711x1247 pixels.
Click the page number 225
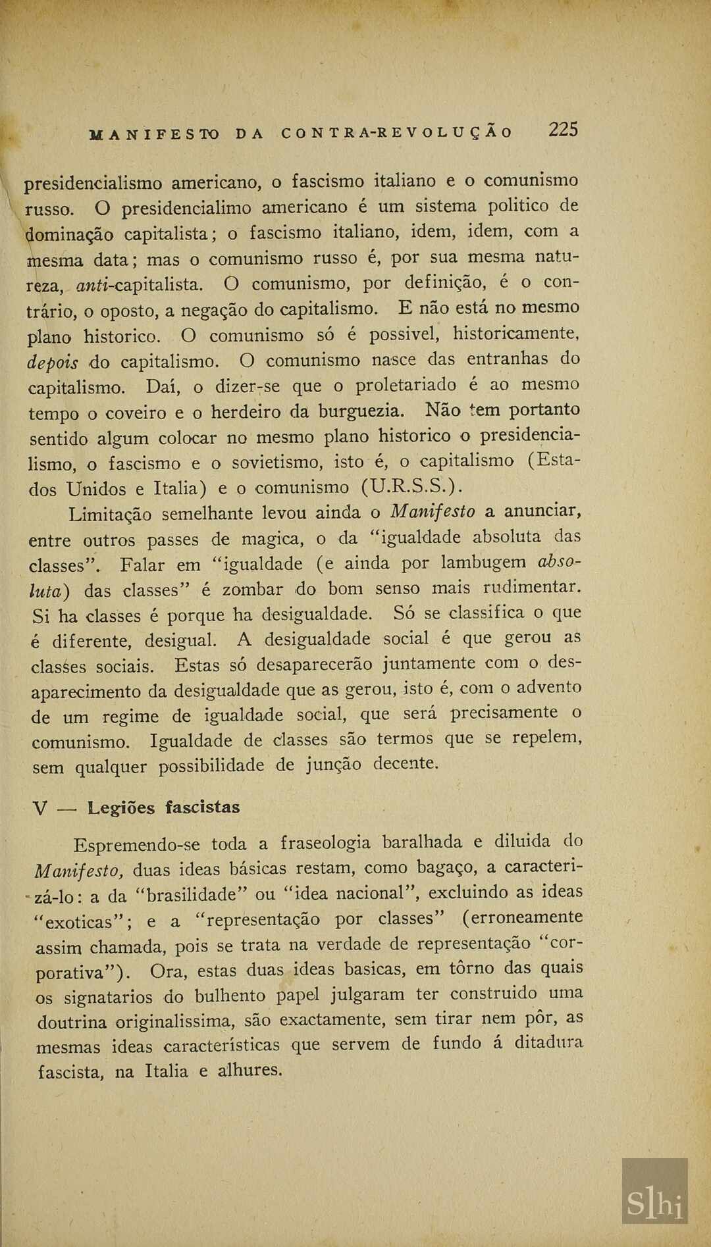click(564, 129)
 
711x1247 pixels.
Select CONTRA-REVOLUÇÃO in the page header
click(396, 132)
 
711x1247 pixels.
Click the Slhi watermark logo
click(654, 1204)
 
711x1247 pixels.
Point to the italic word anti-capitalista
click(140, 285)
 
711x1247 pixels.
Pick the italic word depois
click(53, 363)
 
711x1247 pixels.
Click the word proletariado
click(406, 385)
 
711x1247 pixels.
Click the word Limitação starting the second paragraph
click(110, 514)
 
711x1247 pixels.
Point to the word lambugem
click(483, 563)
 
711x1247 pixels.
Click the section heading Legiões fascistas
click(164, 807)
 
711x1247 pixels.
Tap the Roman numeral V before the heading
click(39, 809)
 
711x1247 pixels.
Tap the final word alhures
click(250, 1070)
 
